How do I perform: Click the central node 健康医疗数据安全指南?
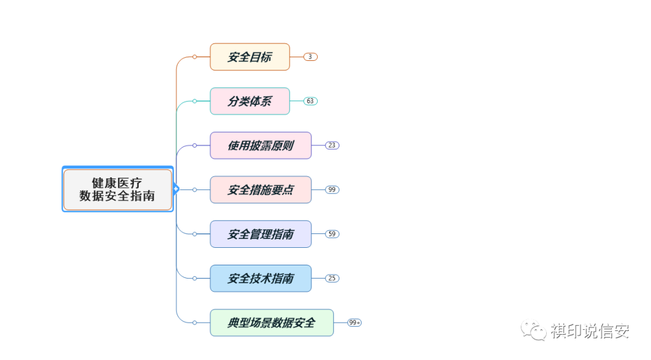[118, 189]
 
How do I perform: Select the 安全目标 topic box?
[250, 57]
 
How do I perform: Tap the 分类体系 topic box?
[250, 101]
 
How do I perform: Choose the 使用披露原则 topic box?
[260, 145]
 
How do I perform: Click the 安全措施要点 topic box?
[260, 189]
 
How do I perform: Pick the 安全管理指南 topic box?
[260, 234]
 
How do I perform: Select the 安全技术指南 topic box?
[260, 278]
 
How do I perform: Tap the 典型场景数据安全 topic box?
[271, 323]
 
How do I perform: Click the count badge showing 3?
[310, 57]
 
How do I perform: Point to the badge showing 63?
[310, 101]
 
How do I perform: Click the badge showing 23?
[332, 145]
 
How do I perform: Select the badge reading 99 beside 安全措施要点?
[332, 189]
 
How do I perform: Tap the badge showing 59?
[332, 234]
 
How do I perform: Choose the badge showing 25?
[332, 278]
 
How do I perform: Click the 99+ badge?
[354, 323]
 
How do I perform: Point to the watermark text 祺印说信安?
[590, 331]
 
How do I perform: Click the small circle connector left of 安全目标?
[195, 57]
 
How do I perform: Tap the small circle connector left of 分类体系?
[195, 101]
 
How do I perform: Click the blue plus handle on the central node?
[176, 189]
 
